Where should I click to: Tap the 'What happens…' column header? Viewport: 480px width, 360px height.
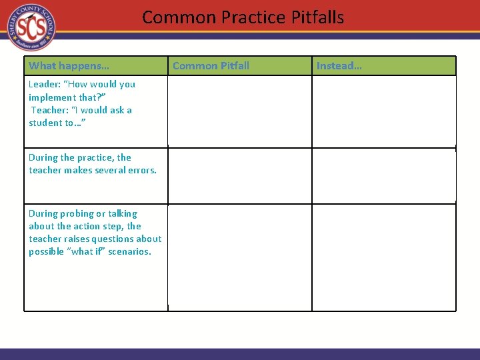[x=69, y=65]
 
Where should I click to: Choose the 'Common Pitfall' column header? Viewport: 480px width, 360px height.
[x=211, y=65]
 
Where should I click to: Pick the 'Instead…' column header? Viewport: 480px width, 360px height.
[x=339, y=65]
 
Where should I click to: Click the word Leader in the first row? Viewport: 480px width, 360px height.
[x=44, y=85]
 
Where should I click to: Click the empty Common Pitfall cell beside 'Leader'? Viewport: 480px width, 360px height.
[x=239, y=111]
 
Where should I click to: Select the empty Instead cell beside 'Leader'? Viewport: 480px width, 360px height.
[x=384, y=111]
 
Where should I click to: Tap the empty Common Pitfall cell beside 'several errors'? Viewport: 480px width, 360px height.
[x=239, y=176]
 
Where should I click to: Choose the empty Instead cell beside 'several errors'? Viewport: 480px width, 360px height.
[x=384, y=176]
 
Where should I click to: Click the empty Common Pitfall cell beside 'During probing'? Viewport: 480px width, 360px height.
[x=239, y=257]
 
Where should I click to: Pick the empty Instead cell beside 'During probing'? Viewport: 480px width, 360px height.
[x=384, y=257]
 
